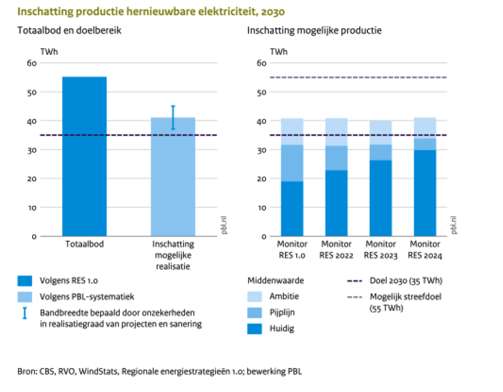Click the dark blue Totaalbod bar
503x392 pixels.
(84, 156)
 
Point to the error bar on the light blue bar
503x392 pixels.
(173, 117)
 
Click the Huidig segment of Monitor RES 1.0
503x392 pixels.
(292, 209)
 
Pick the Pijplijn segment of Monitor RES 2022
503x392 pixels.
(336, 158)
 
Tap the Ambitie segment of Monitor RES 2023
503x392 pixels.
(381, 132)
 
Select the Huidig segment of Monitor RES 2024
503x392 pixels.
(425, 193)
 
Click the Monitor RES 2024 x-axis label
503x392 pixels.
(425, 250)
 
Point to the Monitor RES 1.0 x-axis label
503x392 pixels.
(292, 250)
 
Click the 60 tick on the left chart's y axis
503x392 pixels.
(32, 63)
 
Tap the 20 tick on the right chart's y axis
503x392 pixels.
(261, 179)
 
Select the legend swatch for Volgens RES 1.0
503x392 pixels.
(25, 281)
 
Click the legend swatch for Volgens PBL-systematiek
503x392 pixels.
(25, 297)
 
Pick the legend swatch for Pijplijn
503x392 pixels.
(254, 313)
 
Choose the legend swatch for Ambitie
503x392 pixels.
(254, 297)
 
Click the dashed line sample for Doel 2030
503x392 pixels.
(355, 281)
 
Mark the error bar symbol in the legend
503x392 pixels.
(25, 313)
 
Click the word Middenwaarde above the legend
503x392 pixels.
(275, 280)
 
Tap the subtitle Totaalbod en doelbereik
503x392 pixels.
(69, 31)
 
